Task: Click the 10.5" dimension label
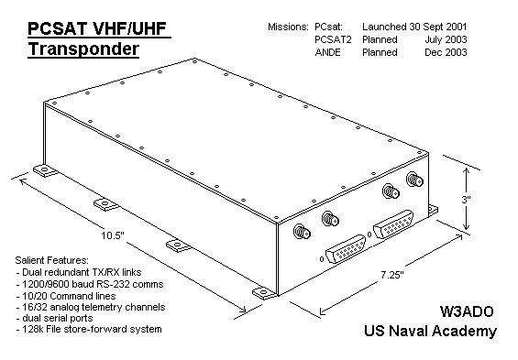(113, 235)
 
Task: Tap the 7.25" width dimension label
(392, 275)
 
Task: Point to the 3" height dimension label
(466, 200)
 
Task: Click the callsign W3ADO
(466, 311)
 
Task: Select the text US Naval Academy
(430, 331)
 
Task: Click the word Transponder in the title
(83, 49)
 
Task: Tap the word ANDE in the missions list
(327, 52)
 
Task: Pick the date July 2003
(446, 39)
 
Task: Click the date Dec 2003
(446, 52)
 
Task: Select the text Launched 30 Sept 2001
(414, 27)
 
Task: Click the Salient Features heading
(52, 260)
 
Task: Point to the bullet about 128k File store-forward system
(89, 329)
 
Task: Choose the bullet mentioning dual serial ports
(54, 318)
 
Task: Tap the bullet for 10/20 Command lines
(66, 296)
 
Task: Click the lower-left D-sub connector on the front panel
(346, 249)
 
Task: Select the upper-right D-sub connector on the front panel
(393, 224)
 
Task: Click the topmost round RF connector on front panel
(414, 180)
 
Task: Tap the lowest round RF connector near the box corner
(302, 232)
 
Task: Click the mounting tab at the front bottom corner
(264, 293)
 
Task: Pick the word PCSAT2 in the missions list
(333, 39)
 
